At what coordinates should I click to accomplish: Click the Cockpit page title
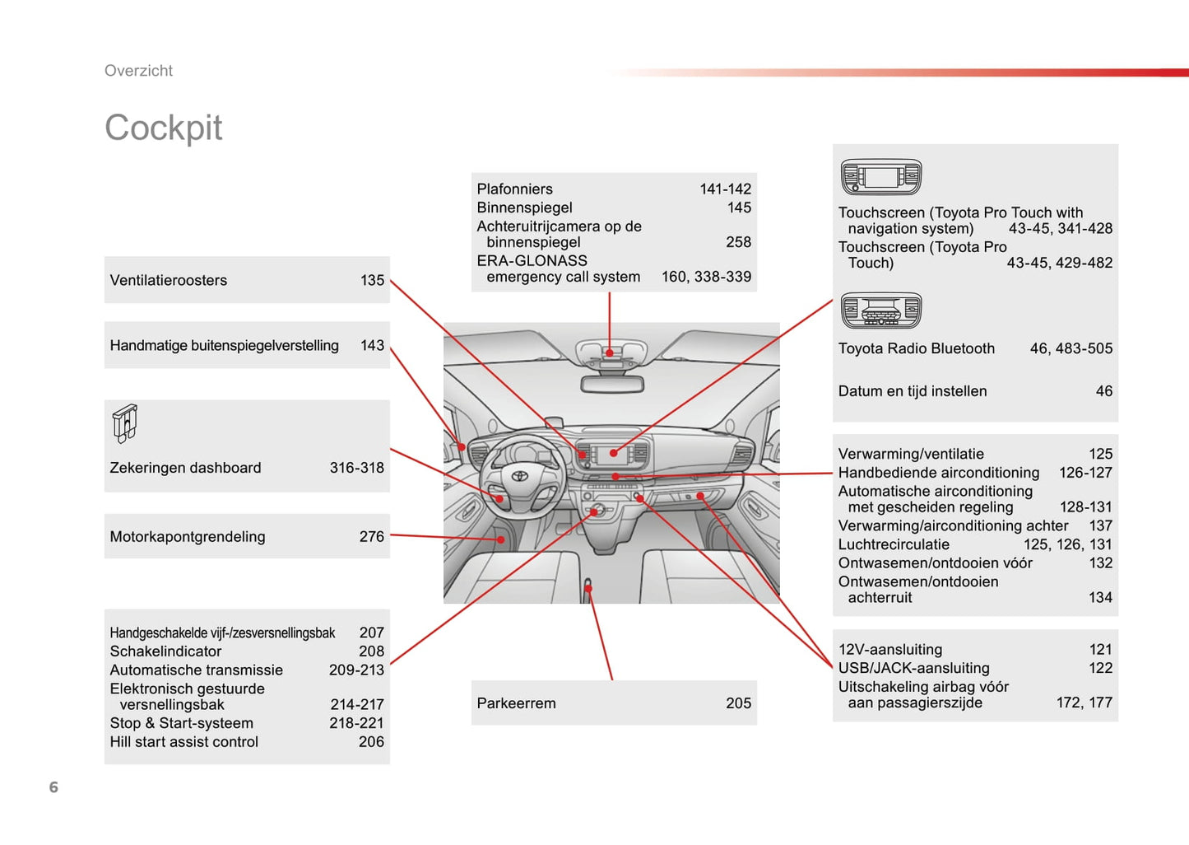[x=163, y=128]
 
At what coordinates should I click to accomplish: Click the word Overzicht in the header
[x=138, y=71]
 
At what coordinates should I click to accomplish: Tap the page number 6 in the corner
[x=53, y=787]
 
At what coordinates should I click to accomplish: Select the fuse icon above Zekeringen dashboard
[x=125, y=423]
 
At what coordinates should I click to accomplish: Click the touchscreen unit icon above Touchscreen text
[x=880, y=177]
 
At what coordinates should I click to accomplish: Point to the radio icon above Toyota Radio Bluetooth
[x=880, y=310]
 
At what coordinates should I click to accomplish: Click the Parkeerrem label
[x=516, y=703]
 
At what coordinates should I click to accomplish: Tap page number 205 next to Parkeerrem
[x=738, y=703]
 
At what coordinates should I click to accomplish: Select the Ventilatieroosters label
[x=168, y=280]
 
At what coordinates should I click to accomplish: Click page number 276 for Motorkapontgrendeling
[x=371, y=537]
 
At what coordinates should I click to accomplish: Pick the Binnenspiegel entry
[x=524, y=208]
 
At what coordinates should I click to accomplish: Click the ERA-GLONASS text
[x=532, y=260]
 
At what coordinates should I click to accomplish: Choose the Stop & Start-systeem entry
[x=181, y=723]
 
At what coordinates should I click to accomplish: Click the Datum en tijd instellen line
[x=912, y=391]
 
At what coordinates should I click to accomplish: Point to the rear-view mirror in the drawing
[x=611, y=384]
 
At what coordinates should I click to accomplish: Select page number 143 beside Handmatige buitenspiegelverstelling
[x=372, y=346]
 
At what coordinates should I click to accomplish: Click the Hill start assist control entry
[x=183, y=742]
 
